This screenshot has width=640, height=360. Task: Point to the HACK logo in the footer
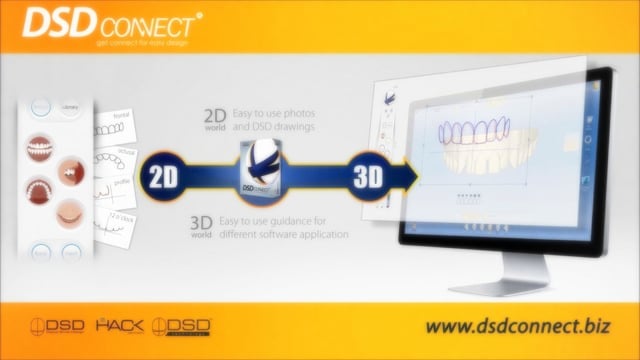(x=122, y=326)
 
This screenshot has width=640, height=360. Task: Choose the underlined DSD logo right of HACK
(x=186, y=326)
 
